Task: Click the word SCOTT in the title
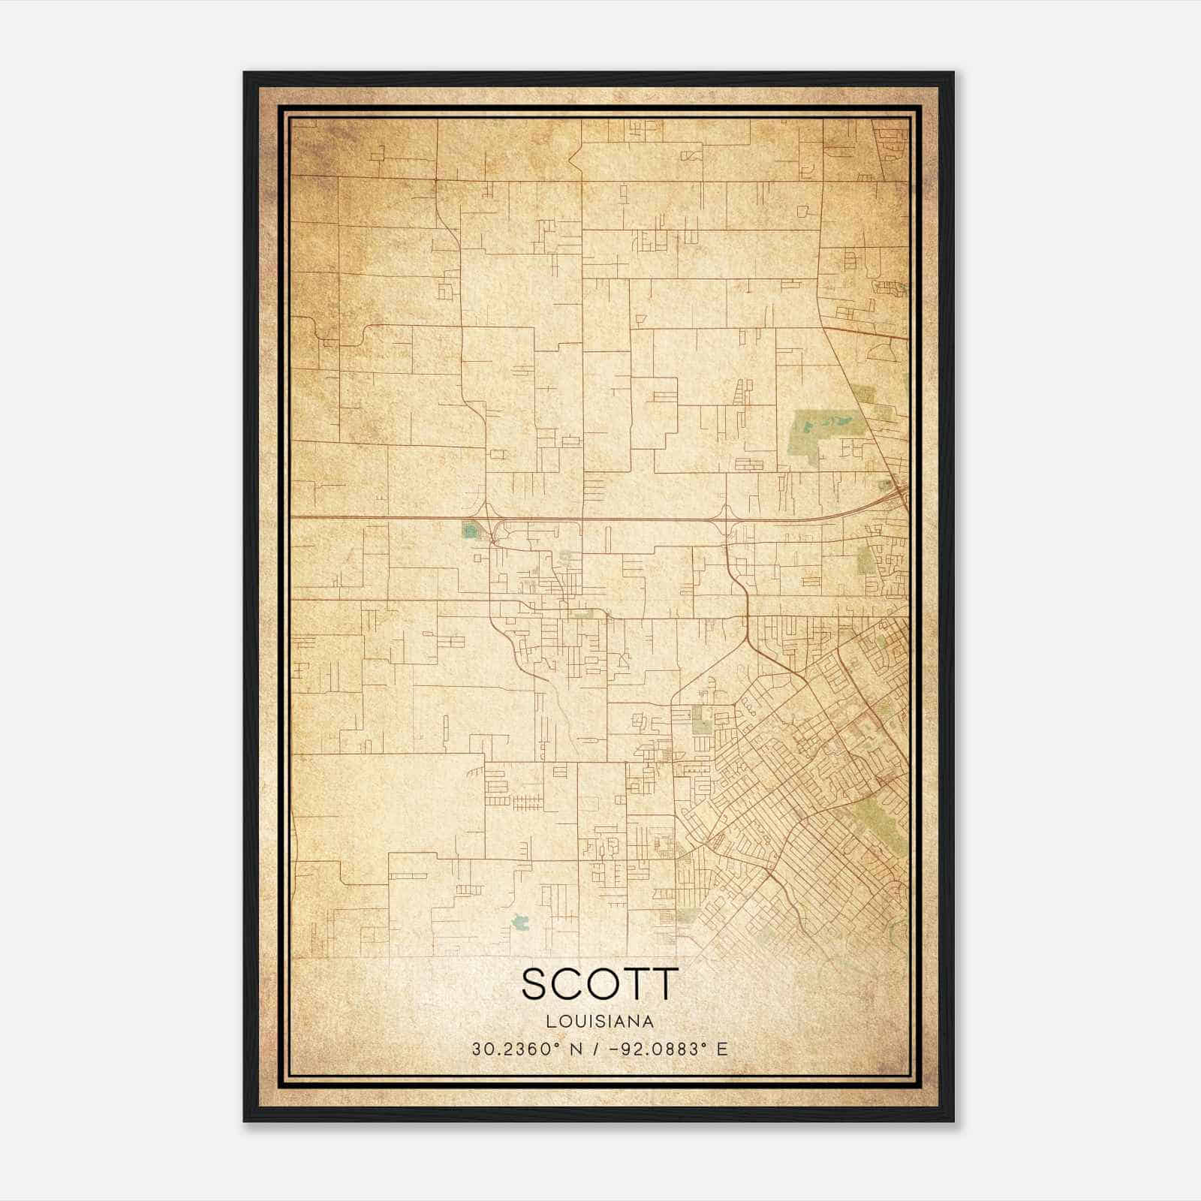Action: click(600, 984)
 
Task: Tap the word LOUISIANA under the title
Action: click(600, 1022)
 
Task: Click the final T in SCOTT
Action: click(665, 984)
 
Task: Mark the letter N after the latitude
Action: click(576, 1049)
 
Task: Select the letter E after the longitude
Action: click(722, 1049)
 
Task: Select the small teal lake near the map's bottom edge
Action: click(519, 921)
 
